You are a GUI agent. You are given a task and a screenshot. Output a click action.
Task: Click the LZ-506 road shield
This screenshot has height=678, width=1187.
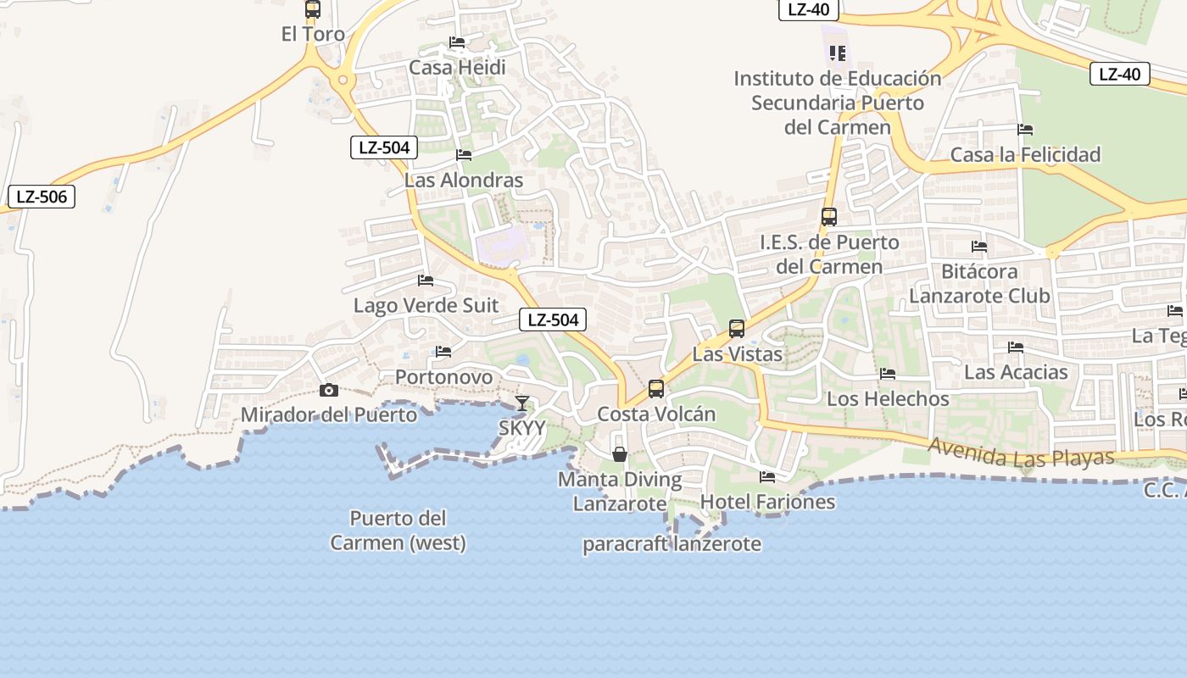[x=42, y=197]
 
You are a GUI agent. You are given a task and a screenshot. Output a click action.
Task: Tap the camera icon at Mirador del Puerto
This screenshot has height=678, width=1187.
[x=328, y=390]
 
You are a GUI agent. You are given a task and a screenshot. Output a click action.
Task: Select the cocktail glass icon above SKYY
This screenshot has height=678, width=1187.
[x=521, y=403]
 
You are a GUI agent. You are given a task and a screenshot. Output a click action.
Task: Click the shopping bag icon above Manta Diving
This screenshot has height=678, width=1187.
[x=620, y=454]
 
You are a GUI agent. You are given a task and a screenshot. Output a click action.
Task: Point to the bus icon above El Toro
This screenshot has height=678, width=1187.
[x=313, y=9]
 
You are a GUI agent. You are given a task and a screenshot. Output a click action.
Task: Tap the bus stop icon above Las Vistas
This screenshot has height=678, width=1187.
[x=737, y=328]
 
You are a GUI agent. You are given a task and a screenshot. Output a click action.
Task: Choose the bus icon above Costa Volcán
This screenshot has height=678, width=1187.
[x=656, y=389]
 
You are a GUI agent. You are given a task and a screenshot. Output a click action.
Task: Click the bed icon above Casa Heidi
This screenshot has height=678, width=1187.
[x=457, y=42]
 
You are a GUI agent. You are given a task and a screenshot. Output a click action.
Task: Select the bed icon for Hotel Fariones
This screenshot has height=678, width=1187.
[x=767, y=477]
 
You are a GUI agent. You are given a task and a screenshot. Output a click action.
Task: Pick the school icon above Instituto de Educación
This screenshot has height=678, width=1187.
[x=838, y=53]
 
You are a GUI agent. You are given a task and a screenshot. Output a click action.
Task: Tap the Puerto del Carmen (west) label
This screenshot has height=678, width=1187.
[x=398, y=530]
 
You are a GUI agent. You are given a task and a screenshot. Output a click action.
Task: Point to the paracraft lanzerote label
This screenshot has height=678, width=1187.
[x=672, y=544]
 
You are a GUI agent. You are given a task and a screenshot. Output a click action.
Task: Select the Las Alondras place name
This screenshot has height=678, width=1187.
[x=464, y=180]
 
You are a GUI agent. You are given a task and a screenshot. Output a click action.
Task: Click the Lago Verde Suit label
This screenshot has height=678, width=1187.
[x=426, y=305]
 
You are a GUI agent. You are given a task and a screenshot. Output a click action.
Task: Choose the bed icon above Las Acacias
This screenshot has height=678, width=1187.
[x=1016, y=347]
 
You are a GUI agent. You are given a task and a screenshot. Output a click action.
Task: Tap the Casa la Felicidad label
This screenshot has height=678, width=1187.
[x=1025, y=154]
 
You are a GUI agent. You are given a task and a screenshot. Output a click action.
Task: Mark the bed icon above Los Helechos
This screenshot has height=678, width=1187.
[x=888, y=374]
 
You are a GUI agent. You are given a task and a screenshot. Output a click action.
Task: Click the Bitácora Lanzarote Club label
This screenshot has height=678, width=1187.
[x=979, y=283]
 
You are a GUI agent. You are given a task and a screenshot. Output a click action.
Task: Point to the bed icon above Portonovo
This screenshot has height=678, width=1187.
[x=443, y=352]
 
